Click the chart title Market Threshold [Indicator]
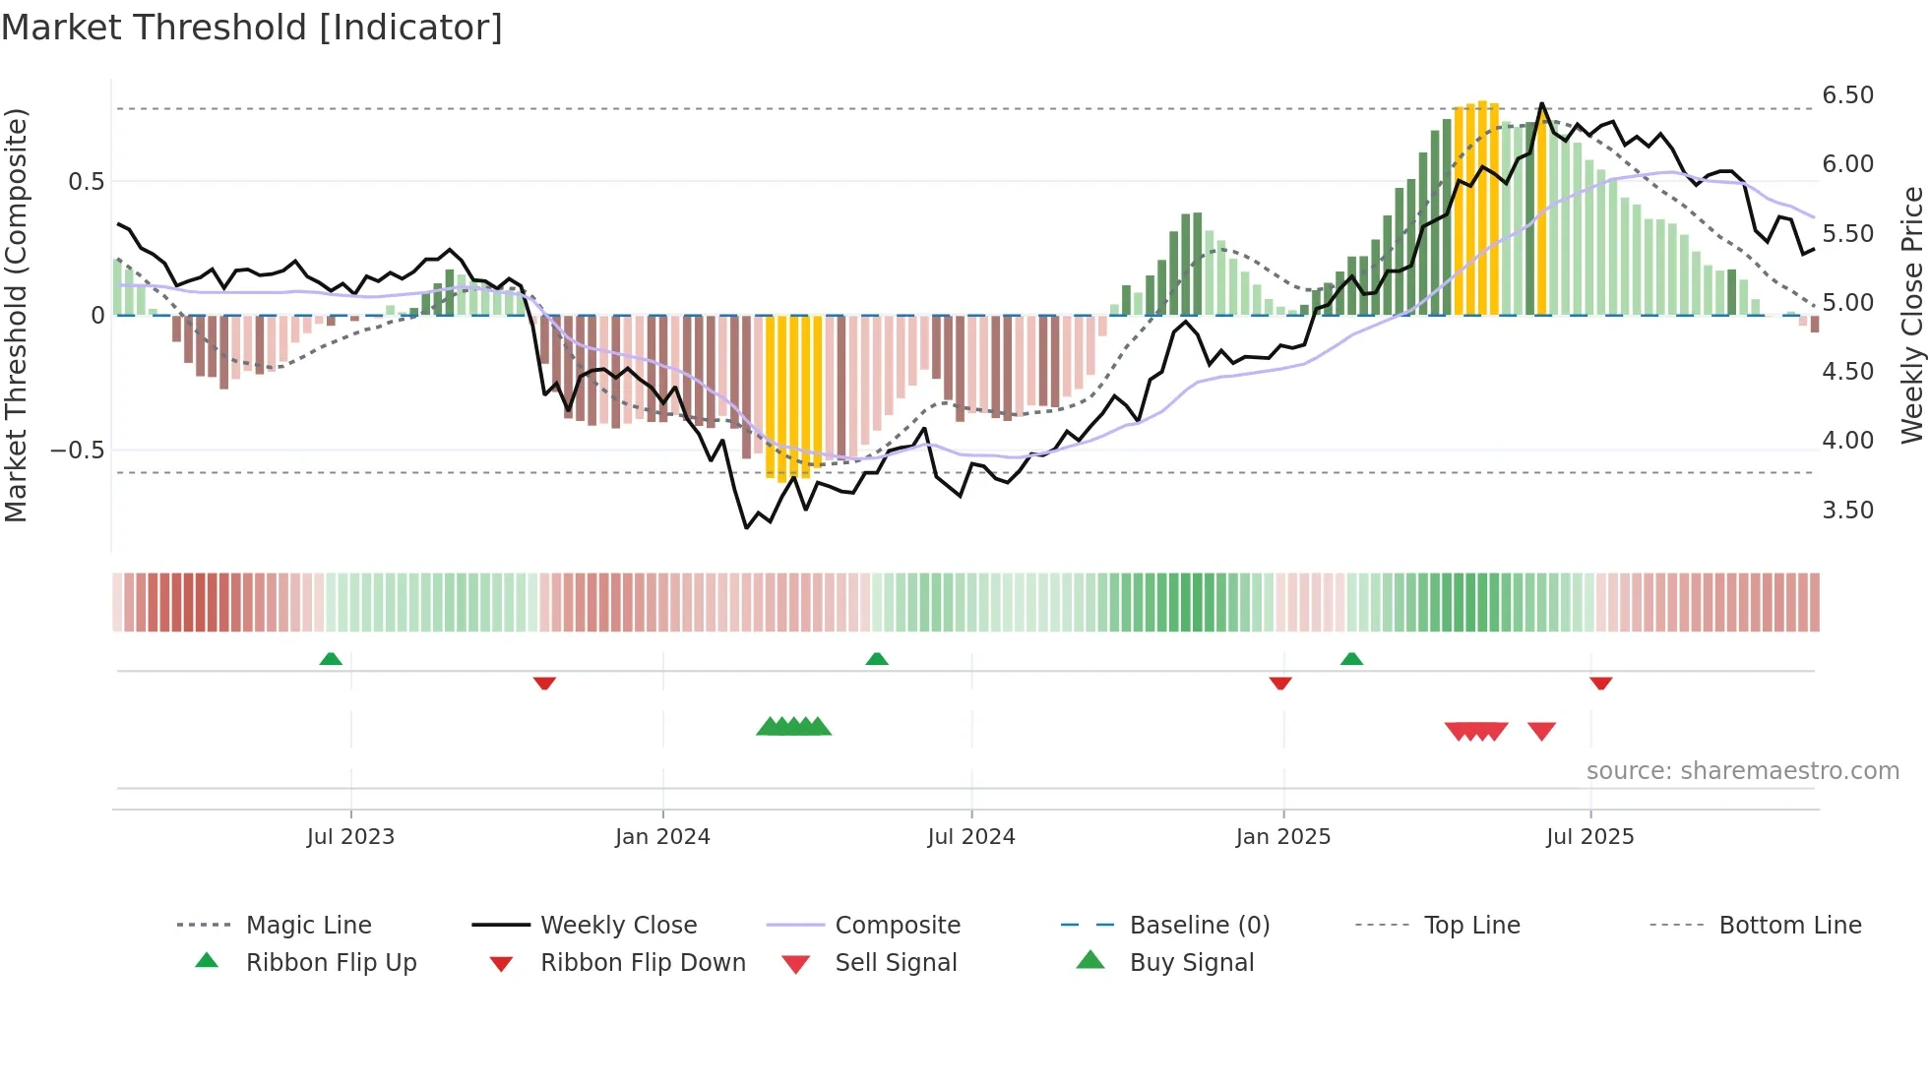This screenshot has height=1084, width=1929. (x=252, y=28)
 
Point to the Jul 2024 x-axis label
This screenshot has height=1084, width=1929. (x=970, y=837)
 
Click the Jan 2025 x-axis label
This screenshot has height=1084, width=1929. (x=1282, y=837)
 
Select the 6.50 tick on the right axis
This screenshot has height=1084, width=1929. (x=1847, y=95)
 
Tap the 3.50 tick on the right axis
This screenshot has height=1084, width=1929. (x=1847, y=511)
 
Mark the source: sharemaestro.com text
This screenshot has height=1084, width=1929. (x=1742, y=771)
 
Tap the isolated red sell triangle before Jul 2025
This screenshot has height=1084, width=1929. (x=1541, y=731)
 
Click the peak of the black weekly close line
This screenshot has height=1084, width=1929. (x=1541, y=103)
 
